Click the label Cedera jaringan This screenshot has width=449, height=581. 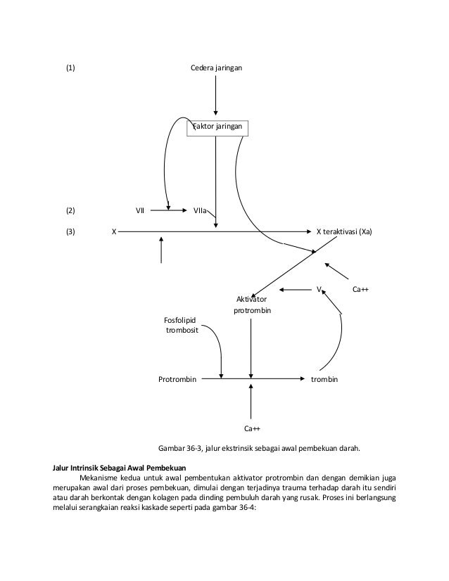coord(216,69)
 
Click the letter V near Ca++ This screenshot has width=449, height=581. coord(319,289)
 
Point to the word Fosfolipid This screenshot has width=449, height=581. coord(180,320)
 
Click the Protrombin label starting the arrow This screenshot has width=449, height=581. coord(177,379)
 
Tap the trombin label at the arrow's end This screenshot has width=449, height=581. coord(324,379)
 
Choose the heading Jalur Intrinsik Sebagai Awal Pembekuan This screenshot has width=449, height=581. coord(120,466)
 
